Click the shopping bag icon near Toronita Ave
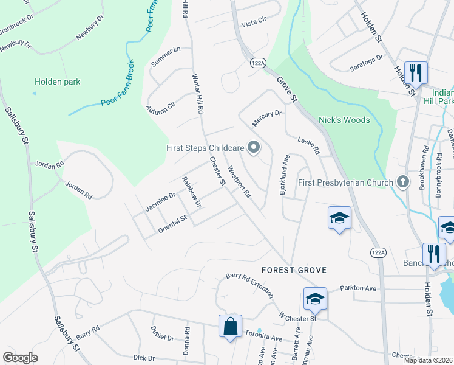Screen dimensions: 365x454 coord(231,325)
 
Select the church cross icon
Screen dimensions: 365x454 coord(402,182)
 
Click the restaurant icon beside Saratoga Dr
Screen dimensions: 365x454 coord(416,73)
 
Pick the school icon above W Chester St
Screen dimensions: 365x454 coord(315,299)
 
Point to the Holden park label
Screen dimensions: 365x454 coord(57,82)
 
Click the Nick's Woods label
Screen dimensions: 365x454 coord(344,120)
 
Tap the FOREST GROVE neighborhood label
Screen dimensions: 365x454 coord(294,269)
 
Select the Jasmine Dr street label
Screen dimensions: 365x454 coord(160,202)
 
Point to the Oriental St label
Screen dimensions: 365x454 coord(172,224)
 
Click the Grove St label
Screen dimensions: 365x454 coord(288,88)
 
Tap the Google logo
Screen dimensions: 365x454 coord(21,358)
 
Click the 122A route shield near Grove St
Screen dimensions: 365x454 coord(258,63)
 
